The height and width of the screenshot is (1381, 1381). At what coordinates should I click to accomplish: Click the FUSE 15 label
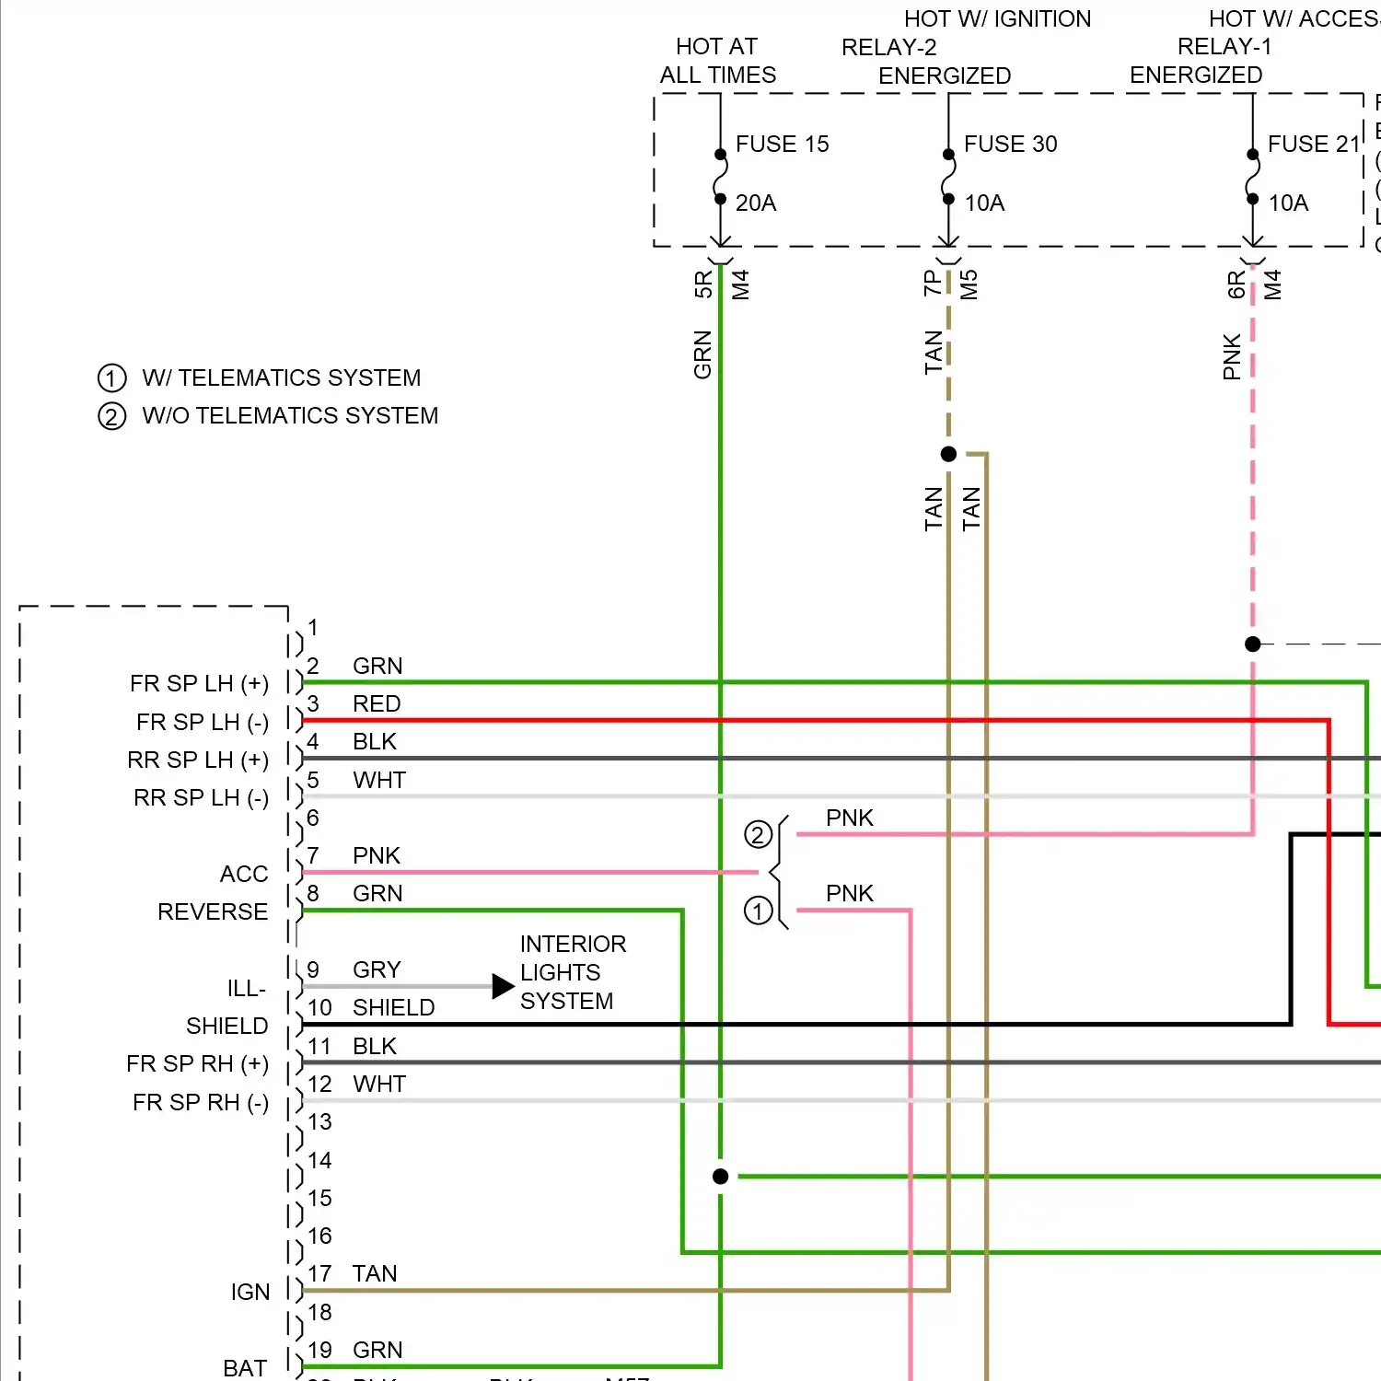click(782, 145)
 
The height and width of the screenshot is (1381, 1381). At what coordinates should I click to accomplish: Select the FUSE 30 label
click(1010, 145)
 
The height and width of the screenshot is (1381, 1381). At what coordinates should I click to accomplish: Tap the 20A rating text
click(756, 203)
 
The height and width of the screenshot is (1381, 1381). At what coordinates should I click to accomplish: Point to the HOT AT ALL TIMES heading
click(717, 61)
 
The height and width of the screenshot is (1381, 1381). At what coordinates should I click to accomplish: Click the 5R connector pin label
click(703, 284)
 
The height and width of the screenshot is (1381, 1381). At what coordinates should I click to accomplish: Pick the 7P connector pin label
click(932, 283)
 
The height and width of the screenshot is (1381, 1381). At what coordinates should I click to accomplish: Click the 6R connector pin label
click(1236, 284)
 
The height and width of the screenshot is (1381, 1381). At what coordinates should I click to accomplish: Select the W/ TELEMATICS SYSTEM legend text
click(281, 378)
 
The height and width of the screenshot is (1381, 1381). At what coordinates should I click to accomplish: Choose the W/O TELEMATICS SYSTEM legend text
click(290, 416)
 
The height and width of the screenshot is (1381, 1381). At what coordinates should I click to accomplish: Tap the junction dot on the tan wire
click(948, 454)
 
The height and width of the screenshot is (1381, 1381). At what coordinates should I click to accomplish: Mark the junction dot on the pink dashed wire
click(1252, 644)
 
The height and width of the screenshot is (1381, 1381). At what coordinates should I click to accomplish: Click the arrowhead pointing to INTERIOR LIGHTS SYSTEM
click(503, 986)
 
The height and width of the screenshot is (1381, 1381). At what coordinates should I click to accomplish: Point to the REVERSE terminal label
click(213, 912)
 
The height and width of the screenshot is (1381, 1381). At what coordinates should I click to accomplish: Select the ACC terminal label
click(244, 874)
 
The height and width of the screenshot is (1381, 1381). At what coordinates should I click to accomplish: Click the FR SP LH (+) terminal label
click(199, 684)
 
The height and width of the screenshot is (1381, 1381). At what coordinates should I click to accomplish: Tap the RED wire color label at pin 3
click(377, 704)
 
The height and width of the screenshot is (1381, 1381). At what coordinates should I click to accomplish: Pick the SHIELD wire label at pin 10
click(393, 1008)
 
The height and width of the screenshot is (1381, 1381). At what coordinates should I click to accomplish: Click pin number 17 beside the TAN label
click(319, 1274)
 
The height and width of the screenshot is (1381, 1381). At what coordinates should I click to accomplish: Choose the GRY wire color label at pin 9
click(377, 970)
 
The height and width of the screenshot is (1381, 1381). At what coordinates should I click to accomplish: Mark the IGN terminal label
click(250, 1293)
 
